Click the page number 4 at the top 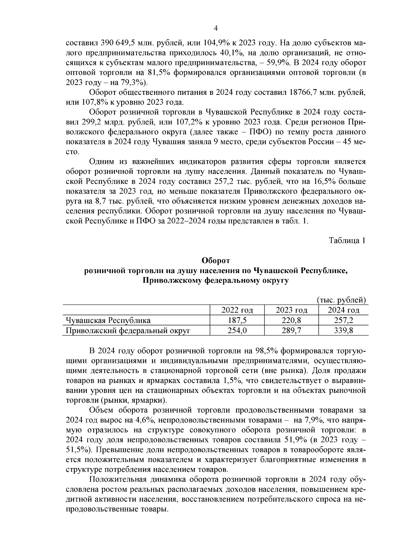[216, 28]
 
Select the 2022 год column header [237, 310]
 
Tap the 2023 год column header [291, 310]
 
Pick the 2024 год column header [343, 310]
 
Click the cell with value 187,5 [237, 320]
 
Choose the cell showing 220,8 [291, 320]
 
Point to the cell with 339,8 [343, 331]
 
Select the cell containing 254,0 [237, 331]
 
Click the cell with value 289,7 [291, 331]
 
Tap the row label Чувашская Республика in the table [108, 320]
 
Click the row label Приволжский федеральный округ [128, 331]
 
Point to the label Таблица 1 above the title [347, 240]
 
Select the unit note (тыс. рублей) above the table [341, 300]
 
